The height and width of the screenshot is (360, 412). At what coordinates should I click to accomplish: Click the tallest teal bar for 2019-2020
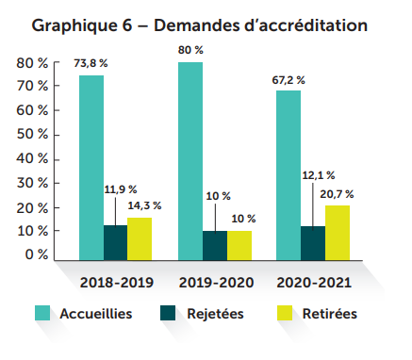tap(190, 160)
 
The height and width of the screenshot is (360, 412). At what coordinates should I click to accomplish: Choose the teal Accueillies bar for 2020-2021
tap(288, 174)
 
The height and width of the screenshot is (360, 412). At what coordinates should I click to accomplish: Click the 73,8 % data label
tap(91, 64)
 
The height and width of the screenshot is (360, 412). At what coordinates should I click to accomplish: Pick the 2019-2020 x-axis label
tap(215, 282)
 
